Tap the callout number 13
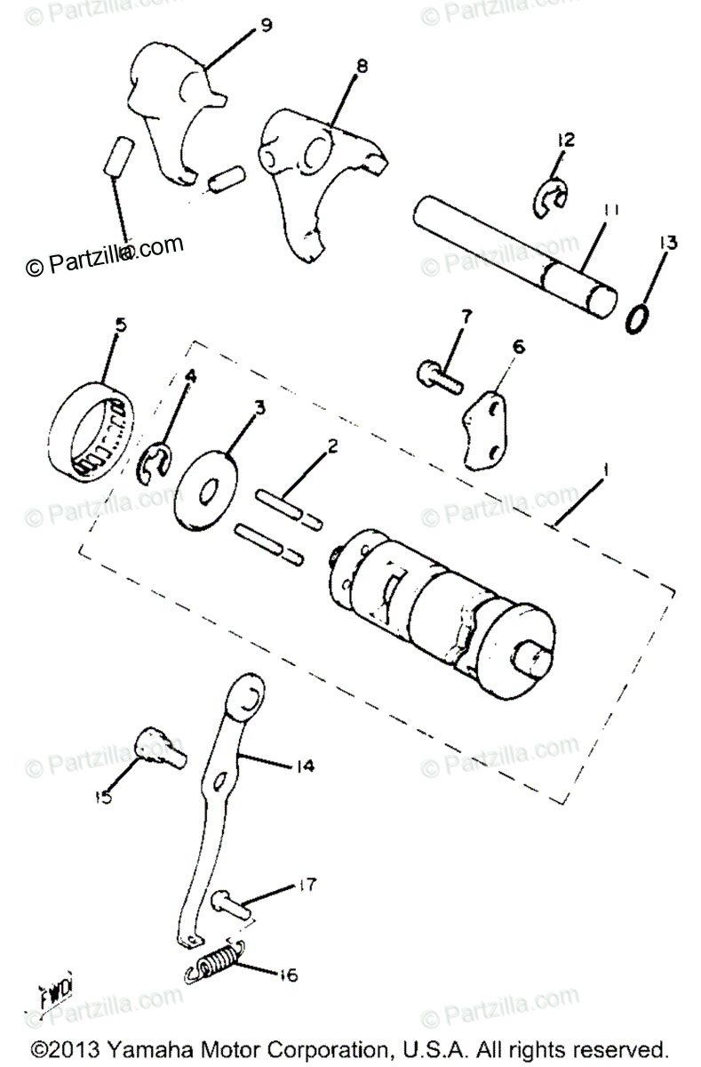pyautogui.click(x=668, y=243)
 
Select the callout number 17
pyautogui.click(x=283, y=886)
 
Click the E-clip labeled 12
pyautogui.click(x=553, y=201)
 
